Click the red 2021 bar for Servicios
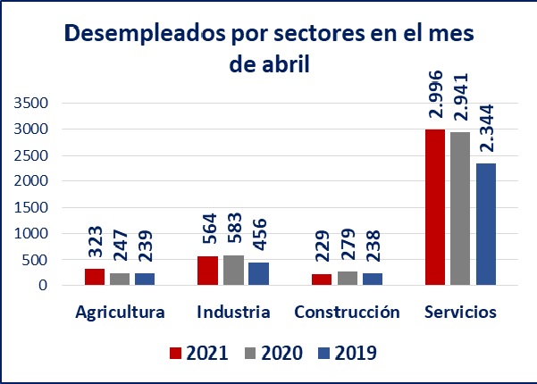(x=435, y=207)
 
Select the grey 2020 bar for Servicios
(x=460, y=209)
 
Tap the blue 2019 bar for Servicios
(x=485, y=224)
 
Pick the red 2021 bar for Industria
(x=208, y=271)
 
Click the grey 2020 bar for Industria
(x=233, y=271)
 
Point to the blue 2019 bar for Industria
(x=258, y=274)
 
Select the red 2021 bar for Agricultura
(x=95, y=277)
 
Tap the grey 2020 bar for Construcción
(x=347, y=278)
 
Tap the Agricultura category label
(x=120, y=313)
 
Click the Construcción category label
(x=347, y=313)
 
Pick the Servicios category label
(x=461, y=313)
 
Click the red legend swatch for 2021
(x=176, y=353)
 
